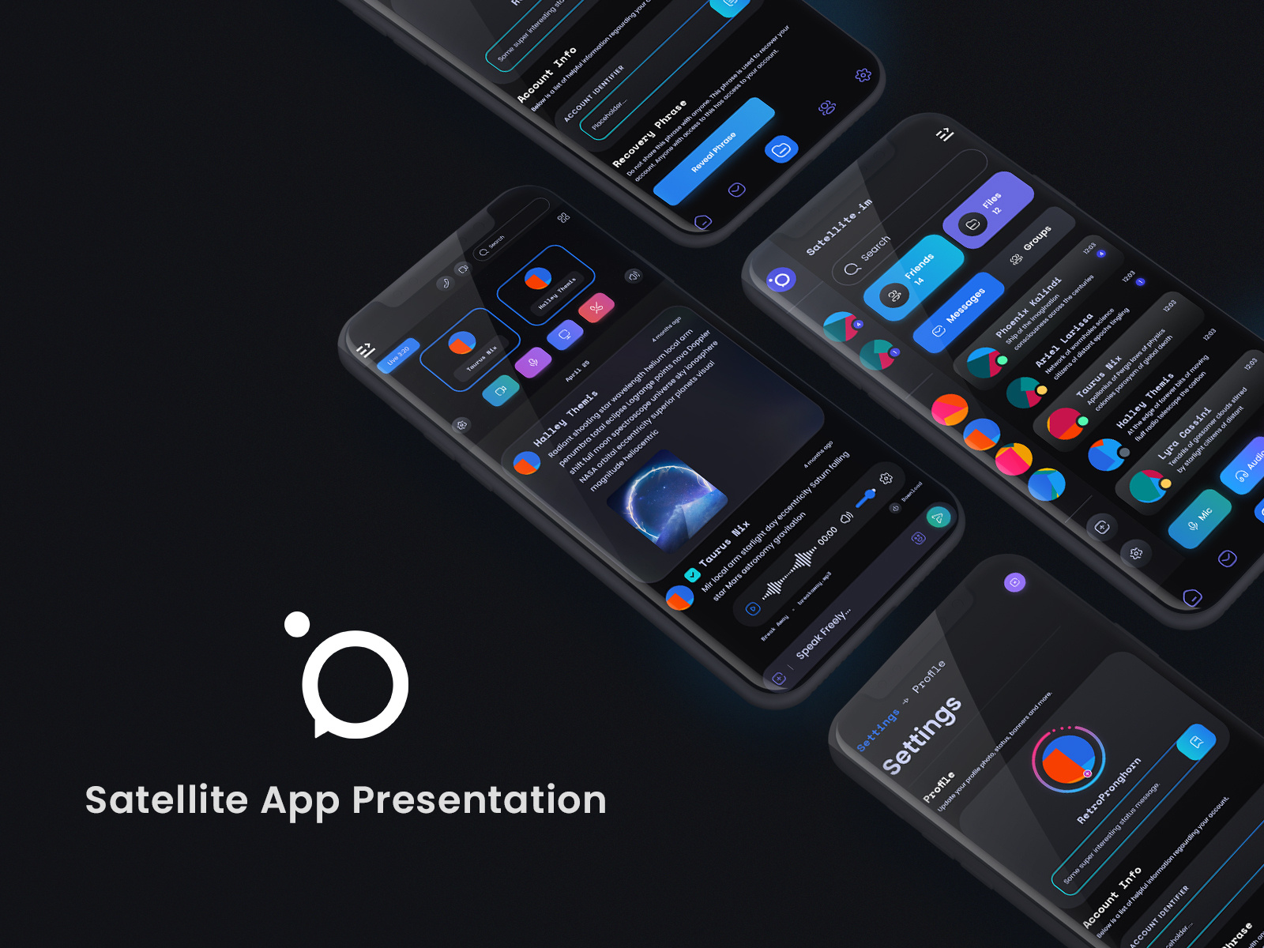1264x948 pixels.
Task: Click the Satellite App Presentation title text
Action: click(345, 799)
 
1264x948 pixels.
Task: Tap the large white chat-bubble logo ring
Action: click(355, 683)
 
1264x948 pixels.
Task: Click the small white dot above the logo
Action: click(297, 624)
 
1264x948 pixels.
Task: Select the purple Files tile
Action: click(987, 209)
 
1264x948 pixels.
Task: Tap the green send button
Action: click(938, 518)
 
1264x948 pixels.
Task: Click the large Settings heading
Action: click(921, 735)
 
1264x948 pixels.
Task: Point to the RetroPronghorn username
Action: click(1109, 791)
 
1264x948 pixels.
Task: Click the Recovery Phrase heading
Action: click(650, 134)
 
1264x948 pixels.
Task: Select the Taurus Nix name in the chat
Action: click(724, 544)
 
